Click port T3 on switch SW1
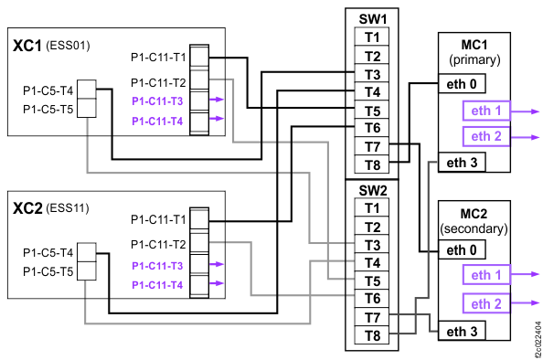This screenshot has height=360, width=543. coord(371,74)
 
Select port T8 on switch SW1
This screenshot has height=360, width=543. coord(371,165)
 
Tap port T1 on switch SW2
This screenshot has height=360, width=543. coord(371,207)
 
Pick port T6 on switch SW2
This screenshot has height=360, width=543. coord(371,299)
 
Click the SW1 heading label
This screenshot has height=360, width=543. coord(371,19)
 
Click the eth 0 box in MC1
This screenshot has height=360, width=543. coord(462,84)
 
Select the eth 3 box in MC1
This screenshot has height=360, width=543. coord(462,163)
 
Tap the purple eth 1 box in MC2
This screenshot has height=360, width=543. coord(485,275)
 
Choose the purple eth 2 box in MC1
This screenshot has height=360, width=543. coord(485,136)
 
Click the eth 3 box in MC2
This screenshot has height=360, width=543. coord(462,331)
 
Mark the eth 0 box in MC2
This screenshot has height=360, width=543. coord(462,249)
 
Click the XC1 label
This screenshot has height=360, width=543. coord(27,45)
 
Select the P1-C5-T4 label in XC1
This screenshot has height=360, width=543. coord(48,91)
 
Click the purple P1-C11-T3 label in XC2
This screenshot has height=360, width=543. coord(156,266)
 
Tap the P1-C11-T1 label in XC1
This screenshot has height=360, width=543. coord(158,58)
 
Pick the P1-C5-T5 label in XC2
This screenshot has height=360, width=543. coord(48,271)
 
